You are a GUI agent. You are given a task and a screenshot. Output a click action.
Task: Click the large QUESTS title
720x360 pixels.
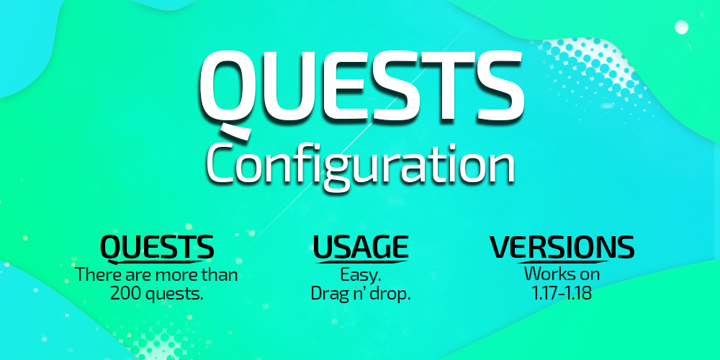click(x=360, y=86)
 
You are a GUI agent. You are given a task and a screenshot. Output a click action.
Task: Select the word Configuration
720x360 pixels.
click(x=360, y=164)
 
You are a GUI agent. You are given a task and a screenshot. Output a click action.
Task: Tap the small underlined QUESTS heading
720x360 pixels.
click(x=156, y=247)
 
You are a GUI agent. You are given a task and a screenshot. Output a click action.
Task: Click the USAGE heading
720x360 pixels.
click(x=360, y=247)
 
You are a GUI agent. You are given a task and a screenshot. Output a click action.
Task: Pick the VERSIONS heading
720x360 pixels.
click(x=562, y=247)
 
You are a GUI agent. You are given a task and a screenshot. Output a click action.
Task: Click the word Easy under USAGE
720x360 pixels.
click(x=360, y=275)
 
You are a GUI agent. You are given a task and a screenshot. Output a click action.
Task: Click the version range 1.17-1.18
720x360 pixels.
click(x=562, y=294)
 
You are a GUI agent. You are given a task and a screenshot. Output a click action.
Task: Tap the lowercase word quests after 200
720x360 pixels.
click(x=176, y=294)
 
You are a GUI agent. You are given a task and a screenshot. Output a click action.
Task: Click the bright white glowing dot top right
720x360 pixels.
click(x=680, y=28)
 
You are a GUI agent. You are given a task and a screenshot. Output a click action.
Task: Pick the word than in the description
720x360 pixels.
click(x=220, y=275)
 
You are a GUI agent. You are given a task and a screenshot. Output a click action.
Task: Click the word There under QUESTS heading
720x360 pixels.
click(x=95, y=275)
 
